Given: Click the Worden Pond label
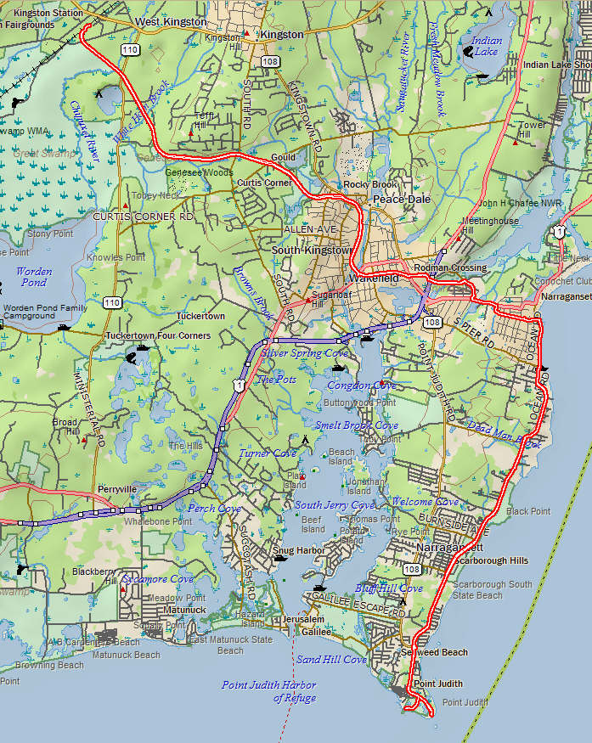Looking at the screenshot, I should pos(34,277).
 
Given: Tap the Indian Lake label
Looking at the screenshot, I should pos(487,46).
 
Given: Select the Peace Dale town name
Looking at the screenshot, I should pos(402,200).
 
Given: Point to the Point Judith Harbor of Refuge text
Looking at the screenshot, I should pos(269,691).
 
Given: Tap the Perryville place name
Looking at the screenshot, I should pos(117,490).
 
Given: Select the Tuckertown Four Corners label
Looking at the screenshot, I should pos(157,336).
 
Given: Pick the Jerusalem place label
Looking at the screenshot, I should pos(304,620).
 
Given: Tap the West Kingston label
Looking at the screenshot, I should pos(171,21).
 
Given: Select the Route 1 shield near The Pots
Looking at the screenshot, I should pos(240,386).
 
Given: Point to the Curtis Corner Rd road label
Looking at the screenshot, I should pos(144,217).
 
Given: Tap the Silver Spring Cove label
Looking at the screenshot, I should pos(305,352).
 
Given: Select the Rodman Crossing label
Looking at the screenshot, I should pos(450,267).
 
